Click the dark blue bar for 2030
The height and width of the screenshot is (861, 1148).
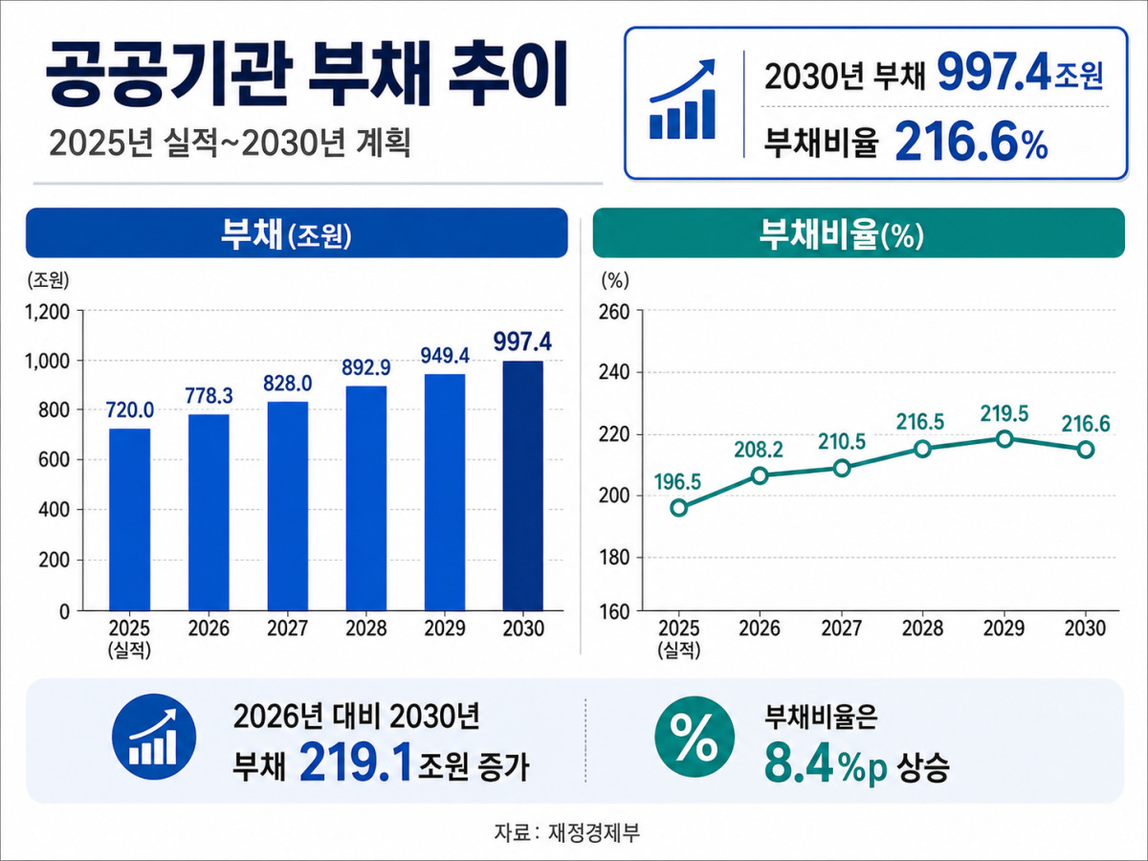point(523,486)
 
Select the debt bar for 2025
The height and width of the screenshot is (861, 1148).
point(130,519)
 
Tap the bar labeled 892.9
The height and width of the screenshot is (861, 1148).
point(366,498)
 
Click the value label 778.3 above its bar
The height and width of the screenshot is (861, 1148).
point(209,396)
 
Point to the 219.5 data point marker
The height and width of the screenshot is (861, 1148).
point(1004,439)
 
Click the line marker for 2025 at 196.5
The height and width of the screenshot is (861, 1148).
point(679,508)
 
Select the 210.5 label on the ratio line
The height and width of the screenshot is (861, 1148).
point(842,442)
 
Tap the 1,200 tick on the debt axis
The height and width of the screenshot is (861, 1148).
point(47,312)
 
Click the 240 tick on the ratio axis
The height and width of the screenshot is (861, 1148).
point(614,373)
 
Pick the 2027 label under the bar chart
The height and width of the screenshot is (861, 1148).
point(287,628)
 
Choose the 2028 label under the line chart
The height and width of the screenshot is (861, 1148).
point(922,628)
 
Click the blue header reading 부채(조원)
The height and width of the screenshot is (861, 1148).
point(297,232)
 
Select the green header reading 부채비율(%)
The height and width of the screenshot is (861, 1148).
point(859,232)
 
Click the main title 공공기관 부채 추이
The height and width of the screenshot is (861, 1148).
point(306,75)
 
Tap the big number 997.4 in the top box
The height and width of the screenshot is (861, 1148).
point(994,74)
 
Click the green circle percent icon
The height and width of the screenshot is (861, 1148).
point(695,737)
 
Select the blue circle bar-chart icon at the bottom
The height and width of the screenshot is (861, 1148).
point(154,737)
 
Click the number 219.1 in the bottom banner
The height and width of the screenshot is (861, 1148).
point(355,765)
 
